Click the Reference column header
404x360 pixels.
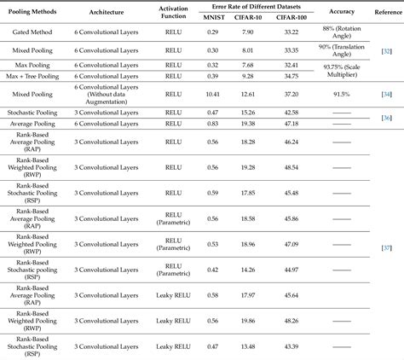point(384,12)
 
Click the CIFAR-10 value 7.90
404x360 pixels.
point(248,32)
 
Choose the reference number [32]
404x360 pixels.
point(387,52)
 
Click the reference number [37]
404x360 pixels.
point(387,247)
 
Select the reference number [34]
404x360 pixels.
point(387,94)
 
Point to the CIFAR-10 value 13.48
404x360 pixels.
point(248,346)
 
